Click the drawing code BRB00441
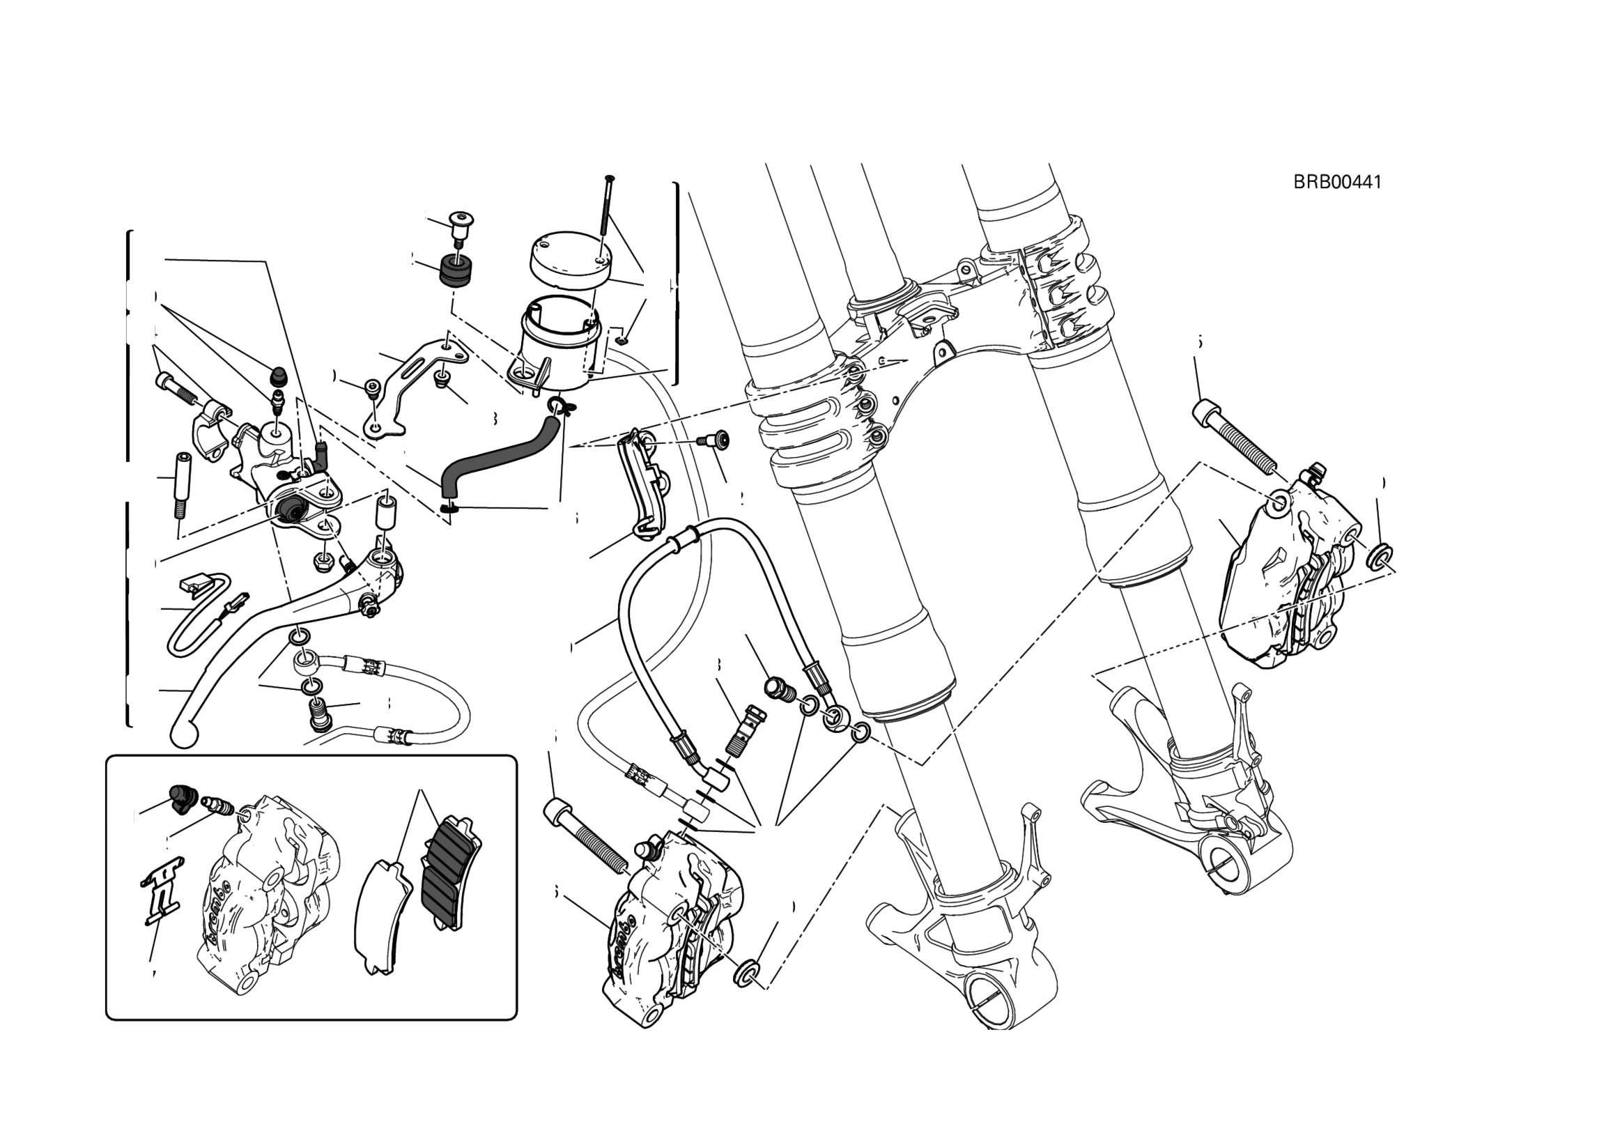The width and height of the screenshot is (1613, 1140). [x=1337, y=182]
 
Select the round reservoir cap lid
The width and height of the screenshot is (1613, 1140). [x=569, y=260]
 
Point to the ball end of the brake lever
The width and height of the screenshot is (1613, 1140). [x=185, y=734]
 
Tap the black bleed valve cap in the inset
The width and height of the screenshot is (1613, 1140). [x=181, y=799]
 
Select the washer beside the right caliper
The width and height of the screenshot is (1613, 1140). [x=1380, y=555]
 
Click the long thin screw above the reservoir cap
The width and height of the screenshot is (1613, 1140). [x=605, y=210]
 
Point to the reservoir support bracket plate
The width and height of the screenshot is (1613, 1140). [x=408, y=383]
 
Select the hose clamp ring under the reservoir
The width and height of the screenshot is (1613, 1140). [x=561, y=406]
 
